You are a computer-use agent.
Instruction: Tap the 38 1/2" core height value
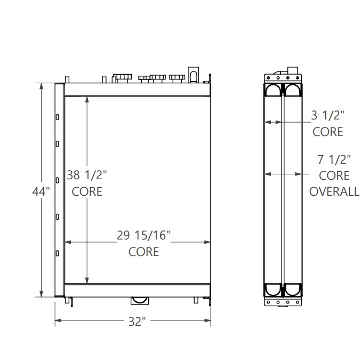87,174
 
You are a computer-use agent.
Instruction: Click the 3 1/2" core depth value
327,114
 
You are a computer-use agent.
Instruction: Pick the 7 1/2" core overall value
334,159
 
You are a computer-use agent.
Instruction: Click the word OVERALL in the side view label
334,192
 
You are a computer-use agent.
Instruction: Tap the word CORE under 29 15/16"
143,251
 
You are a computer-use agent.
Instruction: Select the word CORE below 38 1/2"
87,191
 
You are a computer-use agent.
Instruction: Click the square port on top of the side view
293,70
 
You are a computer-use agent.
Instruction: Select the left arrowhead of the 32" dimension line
58,321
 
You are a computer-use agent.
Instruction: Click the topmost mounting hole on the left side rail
57,116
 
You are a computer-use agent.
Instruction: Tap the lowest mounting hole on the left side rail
57,253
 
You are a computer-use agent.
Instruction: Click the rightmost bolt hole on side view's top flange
297,78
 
